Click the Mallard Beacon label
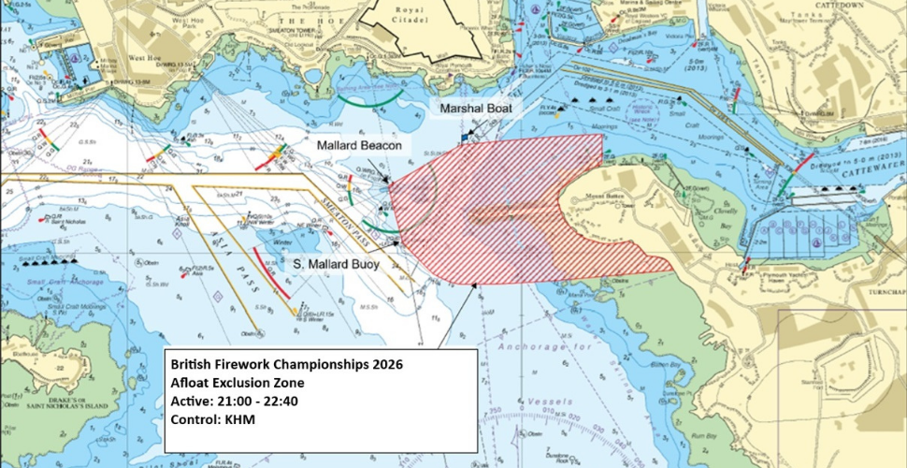[x=359, y=147]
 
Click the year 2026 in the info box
[x=384, y=363]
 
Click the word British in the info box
[x=195, y=363]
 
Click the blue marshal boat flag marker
[x=462, y=139]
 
